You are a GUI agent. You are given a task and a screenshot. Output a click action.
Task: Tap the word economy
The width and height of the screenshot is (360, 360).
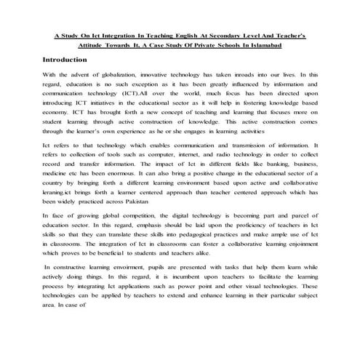57,113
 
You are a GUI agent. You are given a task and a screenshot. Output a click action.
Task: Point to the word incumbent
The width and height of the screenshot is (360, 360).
186,277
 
